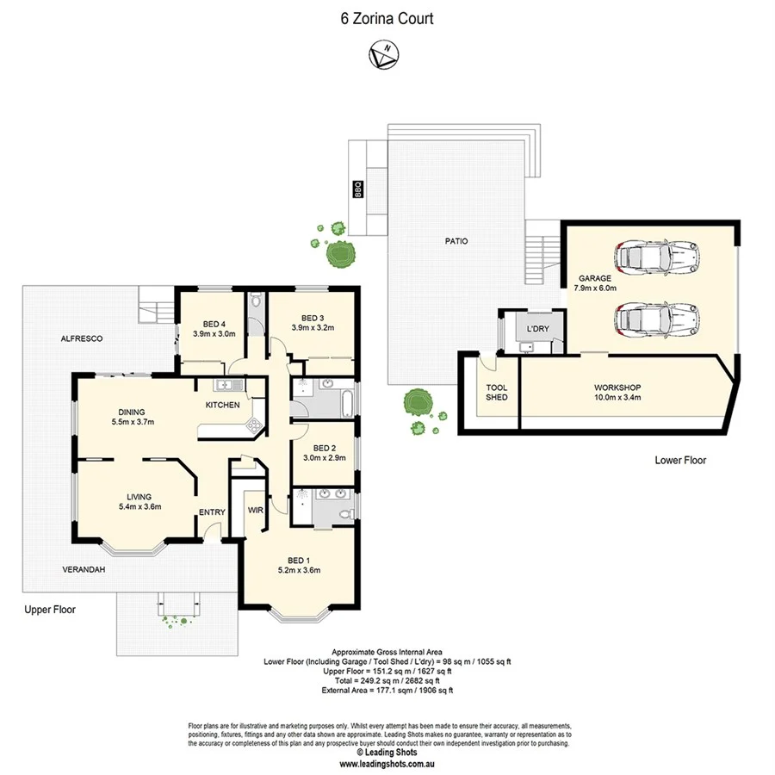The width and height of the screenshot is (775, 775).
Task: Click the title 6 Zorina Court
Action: [x=387, y=17]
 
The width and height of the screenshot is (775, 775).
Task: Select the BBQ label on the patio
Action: [x=356, y=189]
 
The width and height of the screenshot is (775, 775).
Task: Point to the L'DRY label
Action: [x=538, y=329]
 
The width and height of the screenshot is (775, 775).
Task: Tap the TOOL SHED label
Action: [x=497, y=392]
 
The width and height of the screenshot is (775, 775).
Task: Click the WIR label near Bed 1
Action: [x=256, y=510]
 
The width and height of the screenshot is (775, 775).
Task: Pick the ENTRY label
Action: [x=212, y=512]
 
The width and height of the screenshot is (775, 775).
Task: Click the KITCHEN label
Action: [x=221, y=405]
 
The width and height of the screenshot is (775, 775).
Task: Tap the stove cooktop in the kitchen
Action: [x=254, y=424]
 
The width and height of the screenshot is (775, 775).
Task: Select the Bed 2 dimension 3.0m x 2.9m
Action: [x=324, y=457]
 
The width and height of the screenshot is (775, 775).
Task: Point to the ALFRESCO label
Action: [x=82, y=339]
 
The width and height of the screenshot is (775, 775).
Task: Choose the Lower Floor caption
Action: [x=679, y=461]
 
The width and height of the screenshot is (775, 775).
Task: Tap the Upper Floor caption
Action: [x=50, y=610]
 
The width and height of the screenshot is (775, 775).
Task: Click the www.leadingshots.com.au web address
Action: [x=386, y=763]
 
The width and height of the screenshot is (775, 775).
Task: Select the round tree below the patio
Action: [x=418, y=402]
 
